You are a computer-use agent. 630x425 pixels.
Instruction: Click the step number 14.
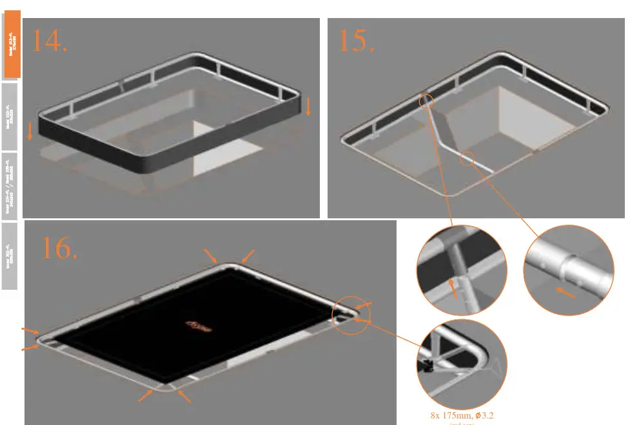[50, 41]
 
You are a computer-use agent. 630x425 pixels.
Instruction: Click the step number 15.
[357, 41]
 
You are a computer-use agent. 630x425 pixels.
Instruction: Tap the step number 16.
[59, 248]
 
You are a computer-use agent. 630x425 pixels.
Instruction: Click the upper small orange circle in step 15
[426, 101]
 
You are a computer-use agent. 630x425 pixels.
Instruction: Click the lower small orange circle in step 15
[468, 158]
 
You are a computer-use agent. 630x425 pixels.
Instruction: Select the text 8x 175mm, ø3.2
[462, 415]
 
